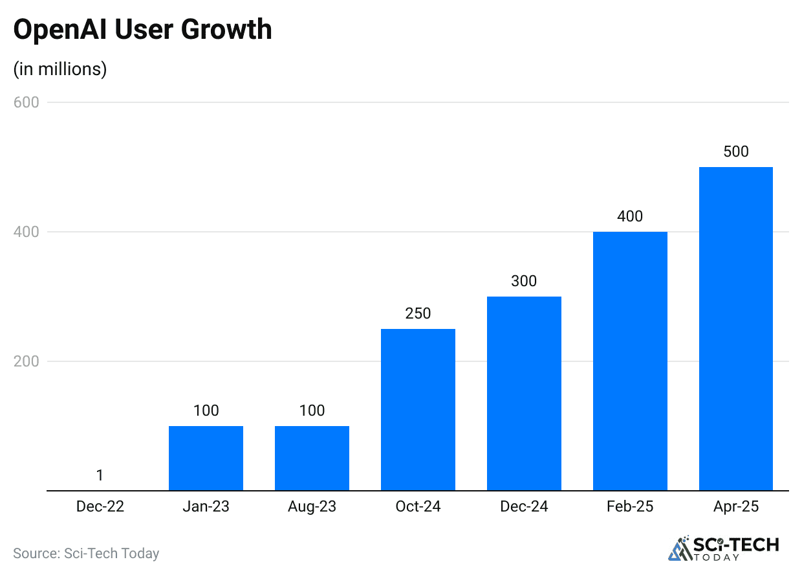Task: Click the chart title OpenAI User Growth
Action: [142, 30]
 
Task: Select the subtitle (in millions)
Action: [60, 69]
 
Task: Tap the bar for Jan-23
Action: [206, 458]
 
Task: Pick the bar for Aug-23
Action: [312, 458]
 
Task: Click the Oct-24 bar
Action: [418, 409]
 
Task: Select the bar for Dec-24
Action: [524, 393]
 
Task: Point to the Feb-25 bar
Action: [630, 361]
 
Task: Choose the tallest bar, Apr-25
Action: [736, 328]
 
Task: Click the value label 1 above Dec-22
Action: [100, 475]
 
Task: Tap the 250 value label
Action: [418, 313]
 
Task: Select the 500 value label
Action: [736, 152]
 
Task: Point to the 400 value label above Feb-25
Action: [630, 216]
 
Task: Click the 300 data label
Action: [524, 281]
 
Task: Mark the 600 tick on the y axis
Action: [27, 102]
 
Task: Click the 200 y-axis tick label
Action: [27, 361]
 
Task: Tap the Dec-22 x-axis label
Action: [100, 506]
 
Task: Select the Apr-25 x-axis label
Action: [736, 506]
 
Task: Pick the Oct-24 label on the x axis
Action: [418, 506]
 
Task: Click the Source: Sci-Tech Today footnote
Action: [86, 553]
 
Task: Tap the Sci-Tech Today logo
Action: [724, 547]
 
